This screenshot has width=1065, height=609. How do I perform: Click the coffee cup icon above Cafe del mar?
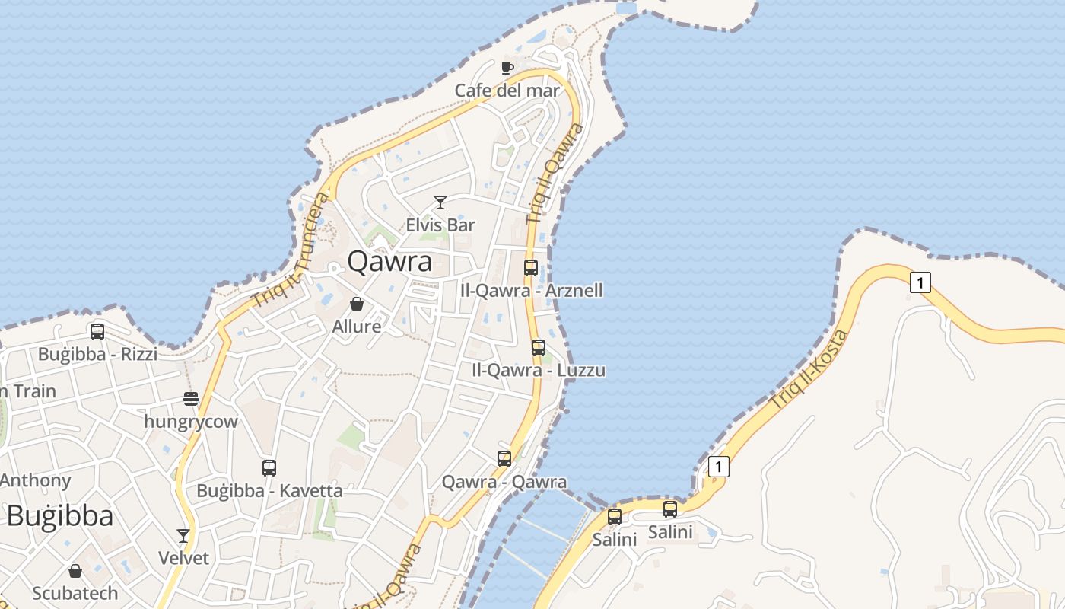507,68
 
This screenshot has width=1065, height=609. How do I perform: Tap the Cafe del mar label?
507,91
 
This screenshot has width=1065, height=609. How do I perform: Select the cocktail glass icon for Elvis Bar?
440,202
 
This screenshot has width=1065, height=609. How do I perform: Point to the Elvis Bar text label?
440,225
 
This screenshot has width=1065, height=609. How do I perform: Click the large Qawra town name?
389,262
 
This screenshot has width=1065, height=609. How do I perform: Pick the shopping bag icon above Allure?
357,304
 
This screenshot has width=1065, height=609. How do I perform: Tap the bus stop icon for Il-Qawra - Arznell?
531,267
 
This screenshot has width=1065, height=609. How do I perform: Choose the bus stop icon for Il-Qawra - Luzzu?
539,348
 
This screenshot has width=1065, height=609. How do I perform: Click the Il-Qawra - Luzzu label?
539,371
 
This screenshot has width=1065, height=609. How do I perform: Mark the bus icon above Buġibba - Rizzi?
97,331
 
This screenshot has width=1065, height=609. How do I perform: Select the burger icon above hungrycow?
191,398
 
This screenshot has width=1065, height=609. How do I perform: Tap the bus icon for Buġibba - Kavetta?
269,467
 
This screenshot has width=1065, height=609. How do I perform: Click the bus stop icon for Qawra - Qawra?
504,458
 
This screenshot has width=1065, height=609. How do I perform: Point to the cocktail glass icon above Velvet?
183,535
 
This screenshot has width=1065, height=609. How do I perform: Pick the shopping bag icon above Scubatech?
75,571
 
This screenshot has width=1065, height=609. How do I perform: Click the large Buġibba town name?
60,516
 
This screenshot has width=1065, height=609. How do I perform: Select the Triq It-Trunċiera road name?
292,250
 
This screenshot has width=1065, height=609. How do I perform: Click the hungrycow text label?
191,422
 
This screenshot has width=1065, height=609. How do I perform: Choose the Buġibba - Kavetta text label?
269,491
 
